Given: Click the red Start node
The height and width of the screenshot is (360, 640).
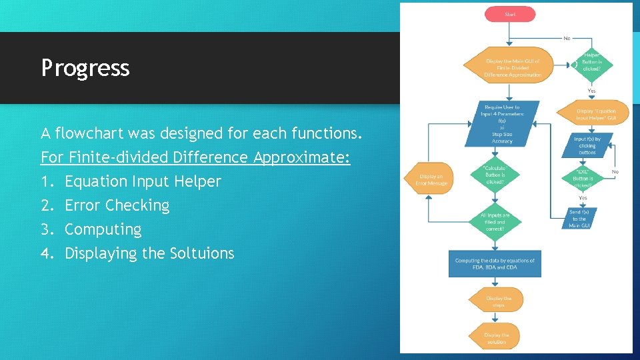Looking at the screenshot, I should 510,13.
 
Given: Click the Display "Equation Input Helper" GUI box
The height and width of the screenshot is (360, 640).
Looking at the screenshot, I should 596,115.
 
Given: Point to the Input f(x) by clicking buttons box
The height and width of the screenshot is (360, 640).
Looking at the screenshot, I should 587,145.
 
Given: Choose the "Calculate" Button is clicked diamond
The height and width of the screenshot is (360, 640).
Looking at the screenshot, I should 495,175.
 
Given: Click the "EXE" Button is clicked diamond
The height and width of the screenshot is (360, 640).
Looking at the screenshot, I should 582,177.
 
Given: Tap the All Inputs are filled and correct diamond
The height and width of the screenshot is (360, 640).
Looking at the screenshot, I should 495,222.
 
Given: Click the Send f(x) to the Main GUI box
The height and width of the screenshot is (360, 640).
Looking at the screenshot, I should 579,219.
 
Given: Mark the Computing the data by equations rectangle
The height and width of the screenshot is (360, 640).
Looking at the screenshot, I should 495,263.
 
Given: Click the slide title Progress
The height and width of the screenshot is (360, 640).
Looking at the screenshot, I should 85,68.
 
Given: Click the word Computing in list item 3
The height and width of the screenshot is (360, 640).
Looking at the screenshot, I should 103,229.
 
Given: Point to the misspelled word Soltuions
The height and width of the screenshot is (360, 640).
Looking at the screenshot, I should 203,253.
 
